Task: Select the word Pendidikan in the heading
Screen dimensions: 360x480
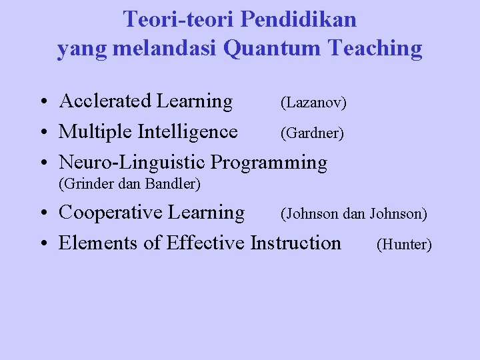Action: [x=298, y=19]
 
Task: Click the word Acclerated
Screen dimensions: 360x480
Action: [x=105, y=101]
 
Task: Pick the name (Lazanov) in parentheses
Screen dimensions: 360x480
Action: [x=313, y=103]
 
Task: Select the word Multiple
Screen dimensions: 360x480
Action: [x=95, y=132]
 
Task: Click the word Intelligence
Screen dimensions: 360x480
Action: [x=187, y=132]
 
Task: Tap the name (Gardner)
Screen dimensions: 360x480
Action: [x=312, y=134]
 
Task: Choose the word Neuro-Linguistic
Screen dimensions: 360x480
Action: [x=133, y=163]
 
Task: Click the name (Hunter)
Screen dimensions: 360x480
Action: [x=404, y=245]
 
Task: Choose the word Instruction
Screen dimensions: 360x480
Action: [x=295, y=243]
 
